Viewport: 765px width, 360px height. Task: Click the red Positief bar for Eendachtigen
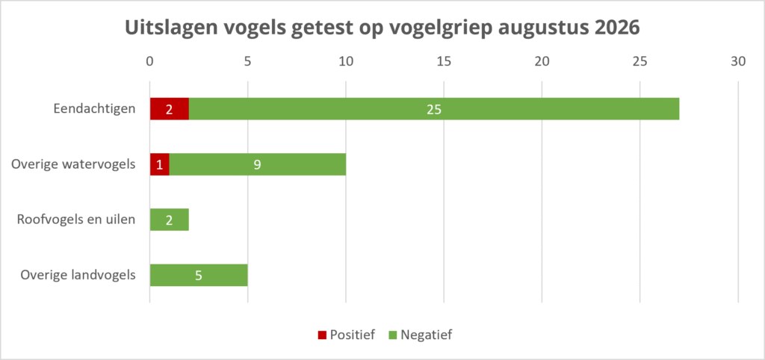pyautogui.click(x=170, y=109)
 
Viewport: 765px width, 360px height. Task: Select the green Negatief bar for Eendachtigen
pyautogui.click(x=434, y=109)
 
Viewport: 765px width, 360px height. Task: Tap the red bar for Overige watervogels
pyautogui.click(x=160, y=164)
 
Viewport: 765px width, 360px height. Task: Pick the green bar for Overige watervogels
pyautogui.click(x=258, y=164)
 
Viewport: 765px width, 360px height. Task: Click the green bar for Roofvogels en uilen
pyautogui.click(x=170, y=220)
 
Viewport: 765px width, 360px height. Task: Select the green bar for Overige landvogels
pyautogui.click(x=199, y=275)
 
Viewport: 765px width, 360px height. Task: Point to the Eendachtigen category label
pyautogui.click(x=94, y=109)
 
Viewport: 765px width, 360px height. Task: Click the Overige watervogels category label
pyautogui.click(x=73, y=164)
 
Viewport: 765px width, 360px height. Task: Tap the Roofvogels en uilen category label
pyautogui.click(x=76, y=220)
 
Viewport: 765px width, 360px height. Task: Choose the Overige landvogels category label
pyautogui.click(x=78, y=275)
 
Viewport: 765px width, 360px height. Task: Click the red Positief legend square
pyautogui.click(x=322, y=335)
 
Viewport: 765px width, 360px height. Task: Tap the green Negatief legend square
pyautogui.click(x=391, y=335)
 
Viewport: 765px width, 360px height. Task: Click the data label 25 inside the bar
pyautogui.click(x=434, y=109)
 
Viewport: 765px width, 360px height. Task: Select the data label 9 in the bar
pyautogui.click(x=258, y=165)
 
